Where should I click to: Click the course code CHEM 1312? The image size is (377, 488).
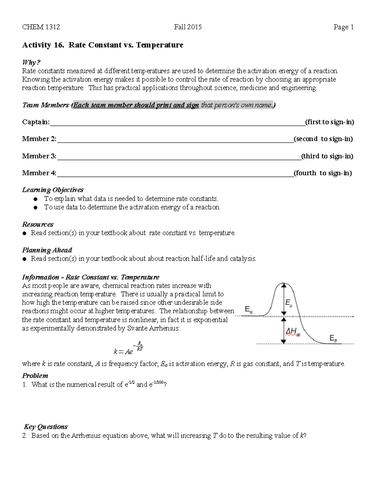click(x=41, y=27)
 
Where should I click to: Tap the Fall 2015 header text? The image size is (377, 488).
click(x=188, y=27)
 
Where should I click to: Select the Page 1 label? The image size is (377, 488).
click(x=344, y=27)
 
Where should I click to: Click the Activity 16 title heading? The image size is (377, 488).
click(x=102, y=45)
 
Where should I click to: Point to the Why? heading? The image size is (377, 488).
click(x=31, y=62)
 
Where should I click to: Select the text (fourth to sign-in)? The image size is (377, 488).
click(x=323, y=173)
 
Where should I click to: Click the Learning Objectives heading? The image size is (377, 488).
click(x=53, y=190)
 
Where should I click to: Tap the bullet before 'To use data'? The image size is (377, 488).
click(x=36, y=207)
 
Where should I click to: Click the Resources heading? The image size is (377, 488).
click(x=38, y=224)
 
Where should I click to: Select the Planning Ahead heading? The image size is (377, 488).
click(x=47, y=250)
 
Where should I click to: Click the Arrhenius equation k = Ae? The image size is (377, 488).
click(x=128, y=349)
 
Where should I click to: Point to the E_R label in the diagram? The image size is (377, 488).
click(x=249, y=310)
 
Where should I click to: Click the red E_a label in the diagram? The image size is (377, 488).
click(x=288, y=303)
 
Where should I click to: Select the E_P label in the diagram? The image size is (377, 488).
click(x=333, y=338)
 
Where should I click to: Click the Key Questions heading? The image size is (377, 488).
click(x=46, y=427)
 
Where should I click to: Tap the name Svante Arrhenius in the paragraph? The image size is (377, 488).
click(x=153, y=328)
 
